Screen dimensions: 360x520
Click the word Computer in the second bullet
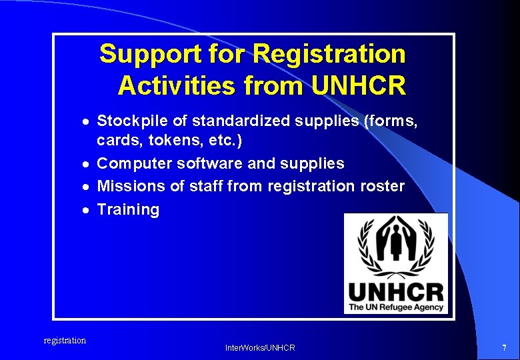tap(133, 164)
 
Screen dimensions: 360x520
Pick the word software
tap(209, 164)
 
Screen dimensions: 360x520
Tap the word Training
tap(129, 209)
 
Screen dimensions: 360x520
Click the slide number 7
tap(504, 347)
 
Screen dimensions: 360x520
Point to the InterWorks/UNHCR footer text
tap(260, 348)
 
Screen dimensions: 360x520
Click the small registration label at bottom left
tap(65, 341)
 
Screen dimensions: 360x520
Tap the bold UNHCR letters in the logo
tap(395, 292)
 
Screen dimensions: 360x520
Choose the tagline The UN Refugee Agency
tap(395, 307)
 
